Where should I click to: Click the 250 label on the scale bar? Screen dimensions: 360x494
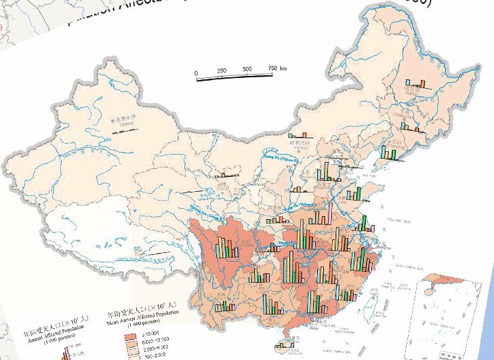[222, 71]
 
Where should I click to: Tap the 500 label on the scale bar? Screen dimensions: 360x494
[247, 69]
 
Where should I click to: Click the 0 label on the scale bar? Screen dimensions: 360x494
[196, 73]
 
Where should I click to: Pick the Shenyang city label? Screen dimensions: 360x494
[393, 144]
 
